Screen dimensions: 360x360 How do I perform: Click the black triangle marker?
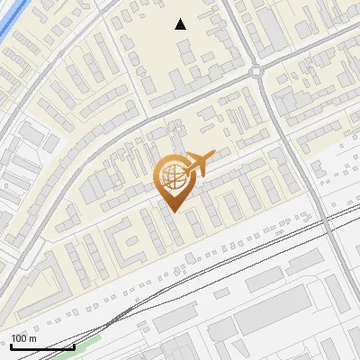tap(181, 24)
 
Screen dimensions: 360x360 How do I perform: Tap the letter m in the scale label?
tap(33, 338)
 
